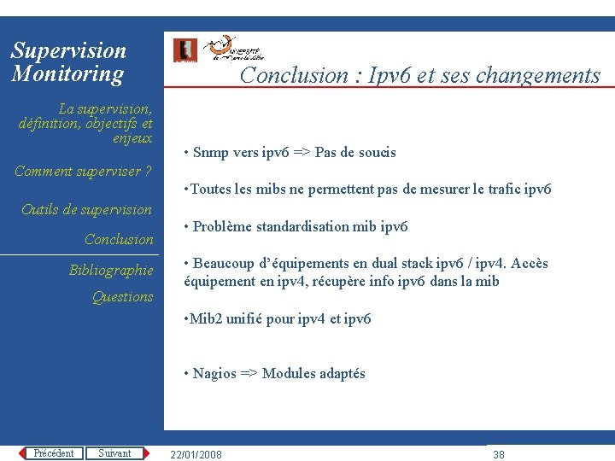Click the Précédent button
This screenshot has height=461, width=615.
tap(53, 453)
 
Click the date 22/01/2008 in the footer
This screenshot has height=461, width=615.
tap(196, 454)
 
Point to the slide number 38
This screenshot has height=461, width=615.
tap(499, 454)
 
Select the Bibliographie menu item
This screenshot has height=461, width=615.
tap(111, 271)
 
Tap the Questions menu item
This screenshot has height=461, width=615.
tap(122, 297)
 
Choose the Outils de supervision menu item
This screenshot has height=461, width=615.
tap(86, 210)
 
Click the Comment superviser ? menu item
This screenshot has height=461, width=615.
tap(83, 172)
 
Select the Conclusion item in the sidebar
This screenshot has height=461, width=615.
tap(119, 240)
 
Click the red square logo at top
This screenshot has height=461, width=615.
tap(184, 50)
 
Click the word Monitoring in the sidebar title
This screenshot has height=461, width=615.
tap(67, 73)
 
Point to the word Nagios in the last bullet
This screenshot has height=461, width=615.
tap(214, 373)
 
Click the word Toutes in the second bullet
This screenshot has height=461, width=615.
tap(210, 190)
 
